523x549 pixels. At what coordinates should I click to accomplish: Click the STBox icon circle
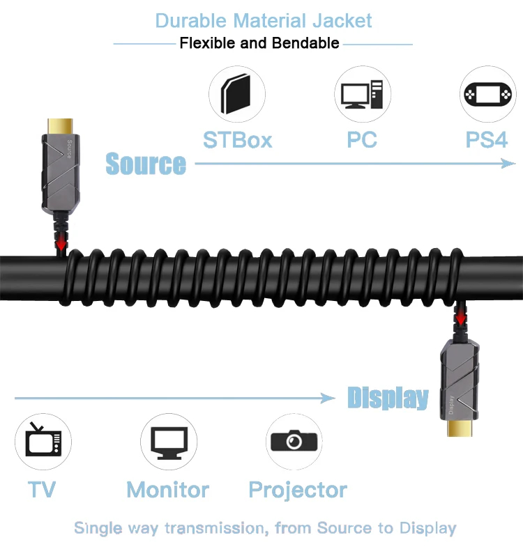click(x=237, y=94)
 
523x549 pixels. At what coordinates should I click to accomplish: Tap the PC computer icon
click(x=363, y=94)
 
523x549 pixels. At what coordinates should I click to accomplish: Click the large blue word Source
click(x=146, y=164)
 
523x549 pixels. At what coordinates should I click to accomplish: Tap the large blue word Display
click(x=388, y=399)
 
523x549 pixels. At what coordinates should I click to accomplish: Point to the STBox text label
click(x=237, y=140)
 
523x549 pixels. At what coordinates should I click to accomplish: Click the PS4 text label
click(x=487, y=140)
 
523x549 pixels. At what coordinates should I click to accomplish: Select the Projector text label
click(x=298, y=490)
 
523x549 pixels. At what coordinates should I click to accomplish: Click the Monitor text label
click(x=168, y=490)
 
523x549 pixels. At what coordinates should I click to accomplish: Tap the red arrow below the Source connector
click(x=62, y=243)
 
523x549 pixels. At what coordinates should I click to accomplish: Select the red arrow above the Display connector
click(x=460, y=318)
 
